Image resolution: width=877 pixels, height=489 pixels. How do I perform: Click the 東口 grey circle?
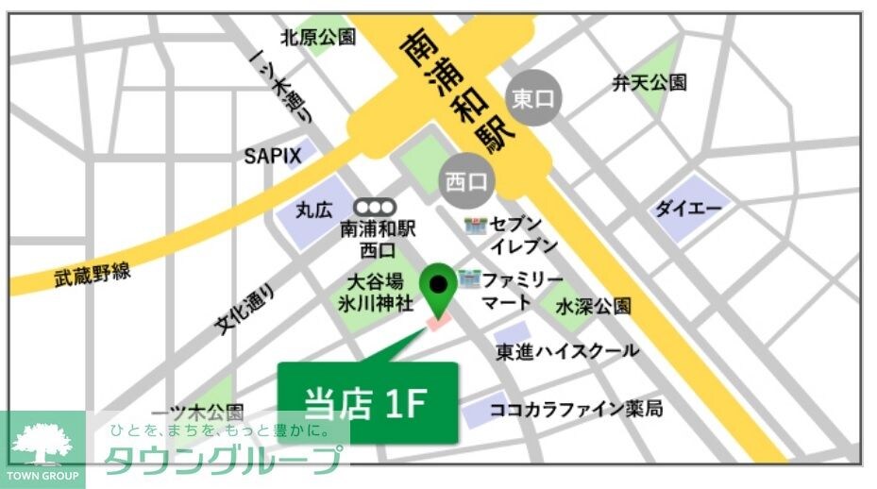[x=535, y=98]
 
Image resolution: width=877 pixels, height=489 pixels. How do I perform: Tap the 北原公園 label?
[x=318, y=38]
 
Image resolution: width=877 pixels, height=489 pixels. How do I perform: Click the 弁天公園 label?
[x=649, y=83]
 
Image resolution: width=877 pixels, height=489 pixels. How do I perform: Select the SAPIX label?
[x=273, y=156]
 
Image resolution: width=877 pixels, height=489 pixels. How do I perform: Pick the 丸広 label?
[x=313, y=209]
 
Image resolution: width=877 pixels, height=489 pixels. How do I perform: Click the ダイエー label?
[x=688, y=209]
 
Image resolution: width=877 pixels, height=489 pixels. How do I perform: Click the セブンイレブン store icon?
[x=476, y=226]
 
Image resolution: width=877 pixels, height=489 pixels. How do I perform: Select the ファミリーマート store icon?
[x=469, y=279]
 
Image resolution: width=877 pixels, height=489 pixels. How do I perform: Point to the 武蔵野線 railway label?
[x=92, y=275]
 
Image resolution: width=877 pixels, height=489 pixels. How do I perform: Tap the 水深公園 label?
[x=593, y=307]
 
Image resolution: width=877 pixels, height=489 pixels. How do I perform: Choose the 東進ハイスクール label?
[x=567, y=351]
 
